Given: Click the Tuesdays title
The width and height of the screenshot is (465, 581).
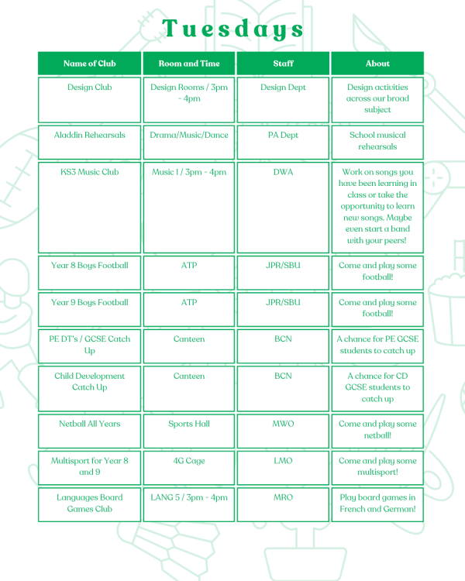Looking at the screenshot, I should tap(232, 29).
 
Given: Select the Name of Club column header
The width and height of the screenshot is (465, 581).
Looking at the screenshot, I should tap(90, 64).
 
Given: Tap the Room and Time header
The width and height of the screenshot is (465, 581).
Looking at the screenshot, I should tap(189, 64).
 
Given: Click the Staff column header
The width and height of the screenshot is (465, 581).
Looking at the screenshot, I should tap(283, 64).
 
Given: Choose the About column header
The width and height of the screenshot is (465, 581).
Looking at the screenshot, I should tap(377, 64).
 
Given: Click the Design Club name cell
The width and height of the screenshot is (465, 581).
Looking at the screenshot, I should tap(90, 88).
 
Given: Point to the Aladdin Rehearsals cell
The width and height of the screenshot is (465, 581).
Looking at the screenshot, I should tap(90, 135).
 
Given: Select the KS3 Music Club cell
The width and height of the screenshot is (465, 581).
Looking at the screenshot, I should tap(90, 172).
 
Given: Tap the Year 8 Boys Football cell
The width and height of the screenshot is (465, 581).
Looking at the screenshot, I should tap(90, 266).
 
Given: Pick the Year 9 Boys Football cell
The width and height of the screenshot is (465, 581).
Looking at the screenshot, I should tap(90, 303).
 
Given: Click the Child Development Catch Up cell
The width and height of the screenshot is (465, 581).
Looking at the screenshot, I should tap(90, 382).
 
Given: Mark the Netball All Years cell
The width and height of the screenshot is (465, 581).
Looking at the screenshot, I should tap(90, 424).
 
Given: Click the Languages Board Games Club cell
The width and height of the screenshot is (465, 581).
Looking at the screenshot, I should tap(90, 504).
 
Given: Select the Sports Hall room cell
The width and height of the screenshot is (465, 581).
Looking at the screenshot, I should tap(189, 424).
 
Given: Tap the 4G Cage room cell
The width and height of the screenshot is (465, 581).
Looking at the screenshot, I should tap(189, 461).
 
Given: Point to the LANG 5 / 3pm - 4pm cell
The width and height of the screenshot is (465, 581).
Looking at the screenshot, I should tap(189, 497).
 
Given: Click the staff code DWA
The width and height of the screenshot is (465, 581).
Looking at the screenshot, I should tap(283, 172).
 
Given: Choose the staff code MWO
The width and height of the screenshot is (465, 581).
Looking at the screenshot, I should tap(283, 424).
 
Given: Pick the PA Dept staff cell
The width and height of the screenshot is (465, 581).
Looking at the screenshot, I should tap(283, 135).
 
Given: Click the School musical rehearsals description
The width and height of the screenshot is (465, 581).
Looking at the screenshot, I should tap(377, 141).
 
